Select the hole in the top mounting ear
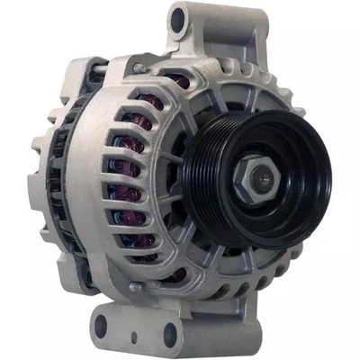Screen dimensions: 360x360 pyautogui.click(x=178, y=16)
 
